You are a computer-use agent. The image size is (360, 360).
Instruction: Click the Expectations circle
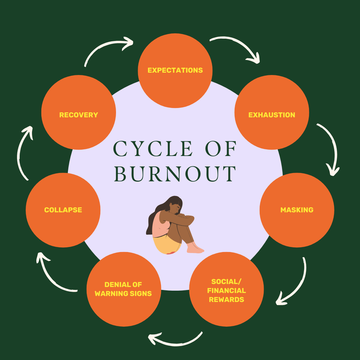click(175, 71)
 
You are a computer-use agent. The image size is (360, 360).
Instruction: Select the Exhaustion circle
click(272, 112)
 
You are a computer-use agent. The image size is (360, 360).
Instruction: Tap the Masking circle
click(297, 210)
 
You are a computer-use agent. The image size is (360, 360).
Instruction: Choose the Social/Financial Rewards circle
click(226, 289)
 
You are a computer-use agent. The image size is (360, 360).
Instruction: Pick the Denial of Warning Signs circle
click(124, 289)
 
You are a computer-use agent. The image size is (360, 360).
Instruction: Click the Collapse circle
click(63, 210)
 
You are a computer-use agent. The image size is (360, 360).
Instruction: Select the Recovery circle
click(79, 112)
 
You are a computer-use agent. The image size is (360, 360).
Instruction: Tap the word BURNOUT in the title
click(175, 174)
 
